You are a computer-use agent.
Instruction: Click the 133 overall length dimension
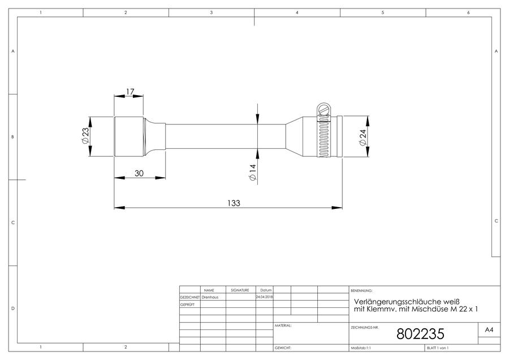pyautogui.click(x=234, y=203)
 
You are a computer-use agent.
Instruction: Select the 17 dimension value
pyautogui.click(x=130, y=92)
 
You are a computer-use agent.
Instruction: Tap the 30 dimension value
pyautogui.click(x=139, y=173)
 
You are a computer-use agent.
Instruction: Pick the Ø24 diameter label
pyautogui.click(x=363, y=138)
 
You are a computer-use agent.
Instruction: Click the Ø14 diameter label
pyautogui.click(x=252, y=173)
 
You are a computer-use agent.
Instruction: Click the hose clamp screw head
pyautogui.click(x=323, y=109)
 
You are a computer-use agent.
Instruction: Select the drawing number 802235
pyautogui.click(x=420, y=334)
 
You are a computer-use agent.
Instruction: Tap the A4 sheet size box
pyautogui.click(x=489, y=330)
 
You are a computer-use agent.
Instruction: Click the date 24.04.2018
pyautogui.click(x=265, y=297)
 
